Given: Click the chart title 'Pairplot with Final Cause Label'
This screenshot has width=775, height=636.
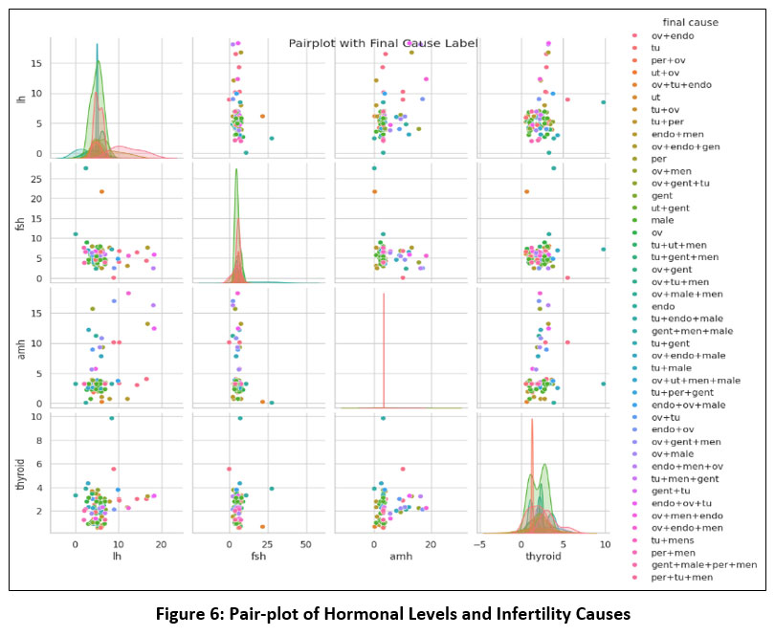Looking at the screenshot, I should [x=383, y=43].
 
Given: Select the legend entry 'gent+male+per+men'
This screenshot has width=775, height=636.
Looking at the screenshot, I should [x=703, y=565].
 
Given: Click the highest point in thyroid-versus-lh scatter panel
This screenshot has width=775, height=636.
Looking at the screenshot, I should [x=111, y=418].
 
